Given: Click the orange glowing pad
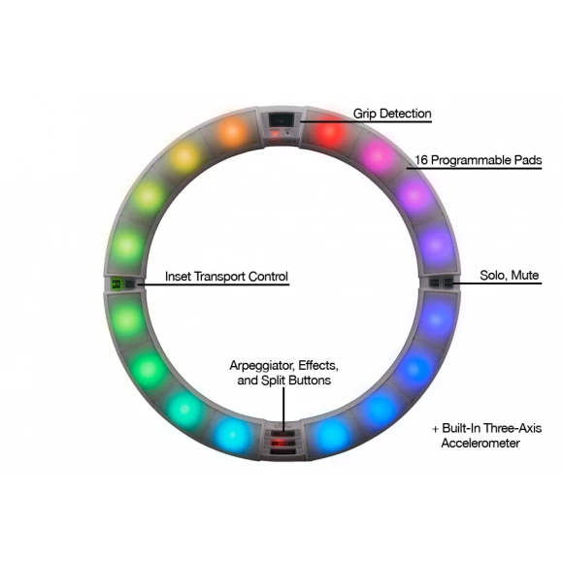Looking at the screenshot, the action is click(232, 132).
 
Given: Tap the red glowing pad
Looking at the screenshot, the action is click(329, 131).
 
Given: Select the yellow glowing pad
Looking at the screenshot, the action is click(183, 157).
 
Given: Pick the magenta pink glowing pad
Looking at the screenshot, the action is click(377, 156).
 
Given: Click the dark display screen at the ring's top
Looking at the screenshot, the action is click(281, 119).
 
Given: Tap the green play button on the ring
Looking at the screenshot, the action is click(116, 284).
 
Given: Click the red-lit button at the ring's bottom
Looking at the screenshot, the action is click(282, 443).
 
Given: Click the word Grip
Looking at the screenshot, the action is click(365, 114).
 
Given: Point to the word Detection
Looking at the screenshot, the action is click(406, 114).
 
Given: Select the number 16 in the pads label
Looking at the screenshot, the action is click(421, 160).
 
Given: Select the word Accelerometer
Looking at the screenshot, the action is click(480, 443).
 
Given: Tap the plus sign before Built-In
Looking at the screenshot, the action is click(435, 429).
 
